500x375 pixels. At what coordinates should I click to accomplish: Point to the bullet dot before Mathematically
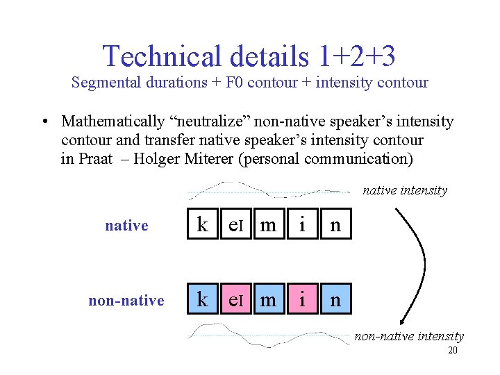[44, 122]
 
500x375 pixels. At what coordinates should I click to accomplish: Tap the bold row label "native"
[126, 225]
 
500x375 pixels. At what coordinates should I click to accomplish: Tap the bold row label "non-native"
[126, 300]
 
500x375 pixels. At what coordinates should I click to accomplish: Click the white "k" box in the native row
[202, 225]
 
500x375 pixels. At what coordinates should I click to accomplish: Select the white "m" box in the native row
[268, 225]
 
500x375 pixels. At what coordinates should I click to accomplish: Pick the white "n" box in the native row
[335, 225]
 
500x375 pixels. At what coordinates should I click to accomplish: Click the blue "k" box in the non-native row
[202, 300]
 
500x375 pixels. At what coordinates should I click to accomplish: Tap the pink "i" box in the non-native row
[301, 300]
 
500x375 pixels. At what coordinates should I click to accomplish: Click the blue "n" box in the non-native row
[335, 300]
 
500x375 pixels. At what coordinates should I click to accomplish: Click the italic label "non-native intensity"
[409, 337]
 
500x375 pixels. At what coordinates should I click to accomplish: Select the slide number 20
[452, 351]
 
